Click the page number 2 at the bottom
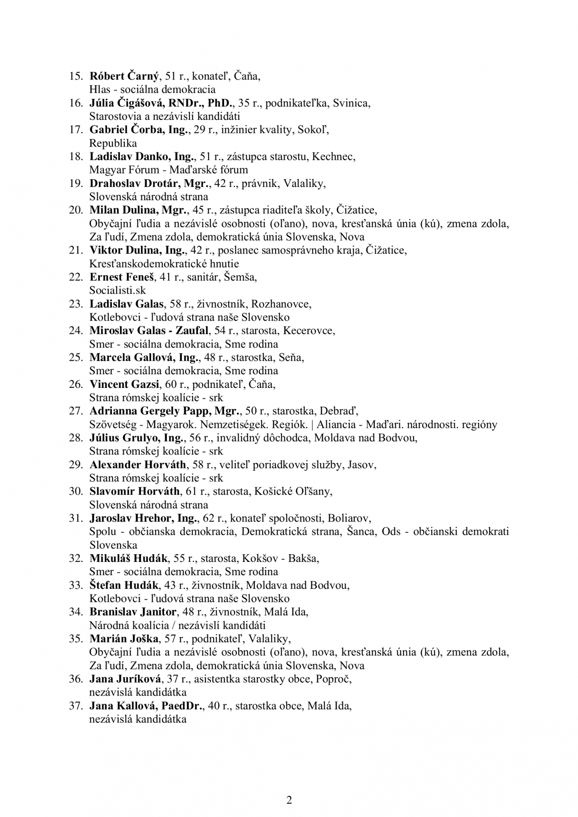point(289,800)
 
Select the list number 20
point(76,210)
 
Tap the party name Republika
point(113,143)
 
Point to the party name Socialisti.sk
point(118,290)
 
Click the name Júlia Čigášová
point(126,103)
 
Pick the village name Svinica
point(351,103)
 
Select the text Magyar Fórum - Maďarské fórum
point(168,170)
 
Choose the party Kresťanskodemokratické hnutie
point(164,264)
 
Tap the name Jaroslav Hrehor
point(132,518)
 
